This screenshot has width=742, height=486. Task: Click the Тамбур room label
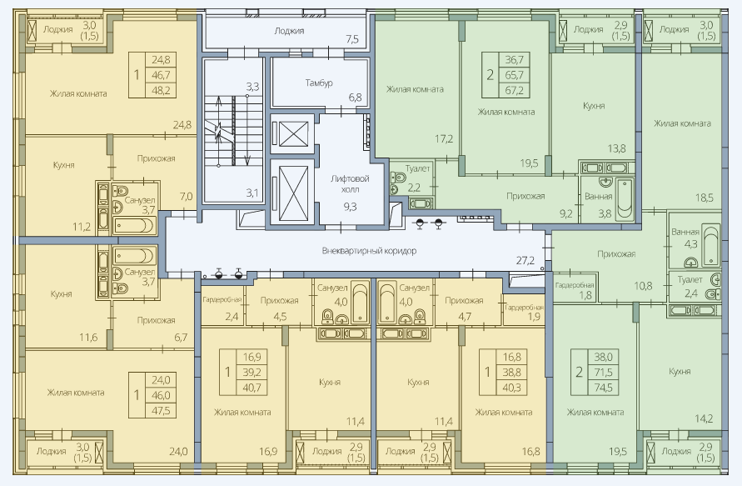(x=318, y=83)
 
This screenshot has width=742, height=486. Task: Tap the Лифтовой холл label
(x=350, y=183)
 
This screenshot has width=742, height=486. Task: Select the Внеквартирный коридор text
(x=369, y=251)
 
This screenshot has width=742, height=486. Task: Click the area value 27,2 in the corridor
(x=525, y=260)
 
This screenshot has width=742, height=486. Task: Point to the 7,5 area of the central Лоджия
(x=352, y=39)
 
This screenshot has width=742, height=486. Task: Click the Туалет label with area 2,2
(x=417, y=168)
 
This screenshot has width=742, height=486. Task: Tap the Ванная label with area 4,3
(x=685, y=232)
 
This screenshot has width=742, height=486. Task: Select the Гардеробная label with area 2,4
(x=222, y=299)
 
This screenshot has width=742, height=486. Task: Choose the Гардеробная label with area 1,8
(x=575, y=285)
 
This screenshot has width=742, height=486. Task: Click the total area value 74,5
(x=603, y=388)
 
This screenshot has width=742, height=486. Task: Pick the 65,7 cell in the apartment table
(x=514, y=74)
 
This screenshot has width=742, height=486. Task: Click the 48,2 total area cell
(x=161, y=90)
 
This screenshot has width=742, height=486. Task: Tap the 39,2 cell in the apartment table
(x=251, y=372)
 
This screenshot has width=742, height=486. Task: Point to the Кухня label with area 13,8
(x=594, y=106)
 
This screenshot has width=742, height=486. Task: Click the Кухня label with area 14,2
(x=680, y=371)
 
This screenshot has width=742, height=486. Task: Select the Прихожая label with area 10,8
(x=616, y=254)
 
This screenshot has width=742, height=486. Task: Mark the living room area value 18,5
(x=705, y=198)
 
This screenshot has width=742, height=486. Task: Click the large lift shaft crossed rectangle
(x=293, y=193)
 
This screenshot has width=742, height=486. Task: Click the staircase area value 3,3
(x=252, y=87)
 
